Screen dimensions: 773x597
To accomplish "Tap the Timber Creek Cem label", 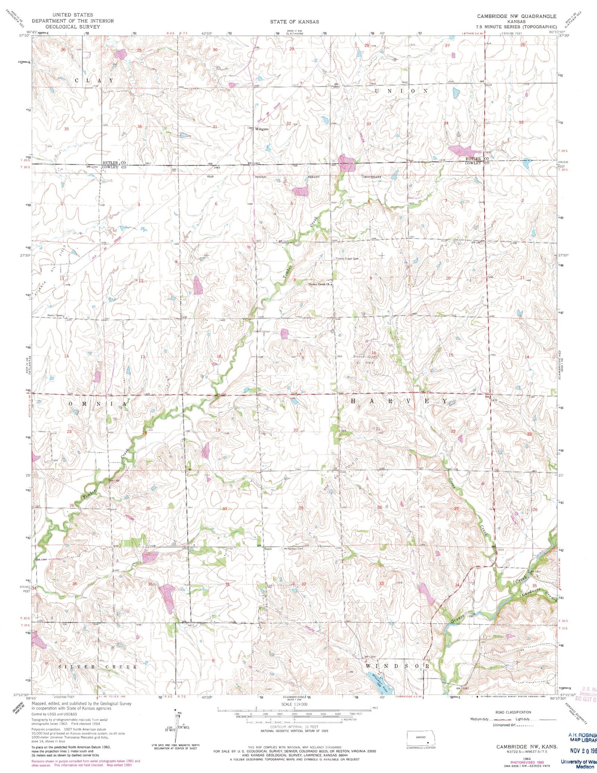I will pyautogui.click(x=346, y=259).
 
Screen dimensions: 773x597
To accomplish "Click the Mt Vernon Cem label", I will pyautogui.click(x=293, y=549).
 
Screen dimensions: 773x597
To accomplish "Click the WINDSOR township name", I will pyautogui.click(x=398, y=666).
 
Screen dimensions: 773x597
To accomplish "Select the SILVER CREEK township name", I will pyautogui.click(x=98, y=667).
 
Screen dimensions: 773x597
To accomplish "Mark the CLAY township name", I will pyautogui.click(x=94, y=80).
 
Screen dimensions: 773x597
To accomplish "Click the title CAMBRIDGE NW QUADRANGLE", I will pyautogui.click(x=517, y=16).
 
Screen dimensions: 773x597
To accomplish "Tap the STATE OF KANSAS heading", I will pyautogui.click(x=294, y=22).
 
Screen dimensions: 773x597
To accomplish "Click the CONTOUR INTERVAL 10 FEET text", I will pyautogui.click(x=294, y=727).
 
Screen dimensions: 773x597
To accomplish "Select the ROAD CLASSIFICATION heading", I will pyautogui.click(x=513, y=712).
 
